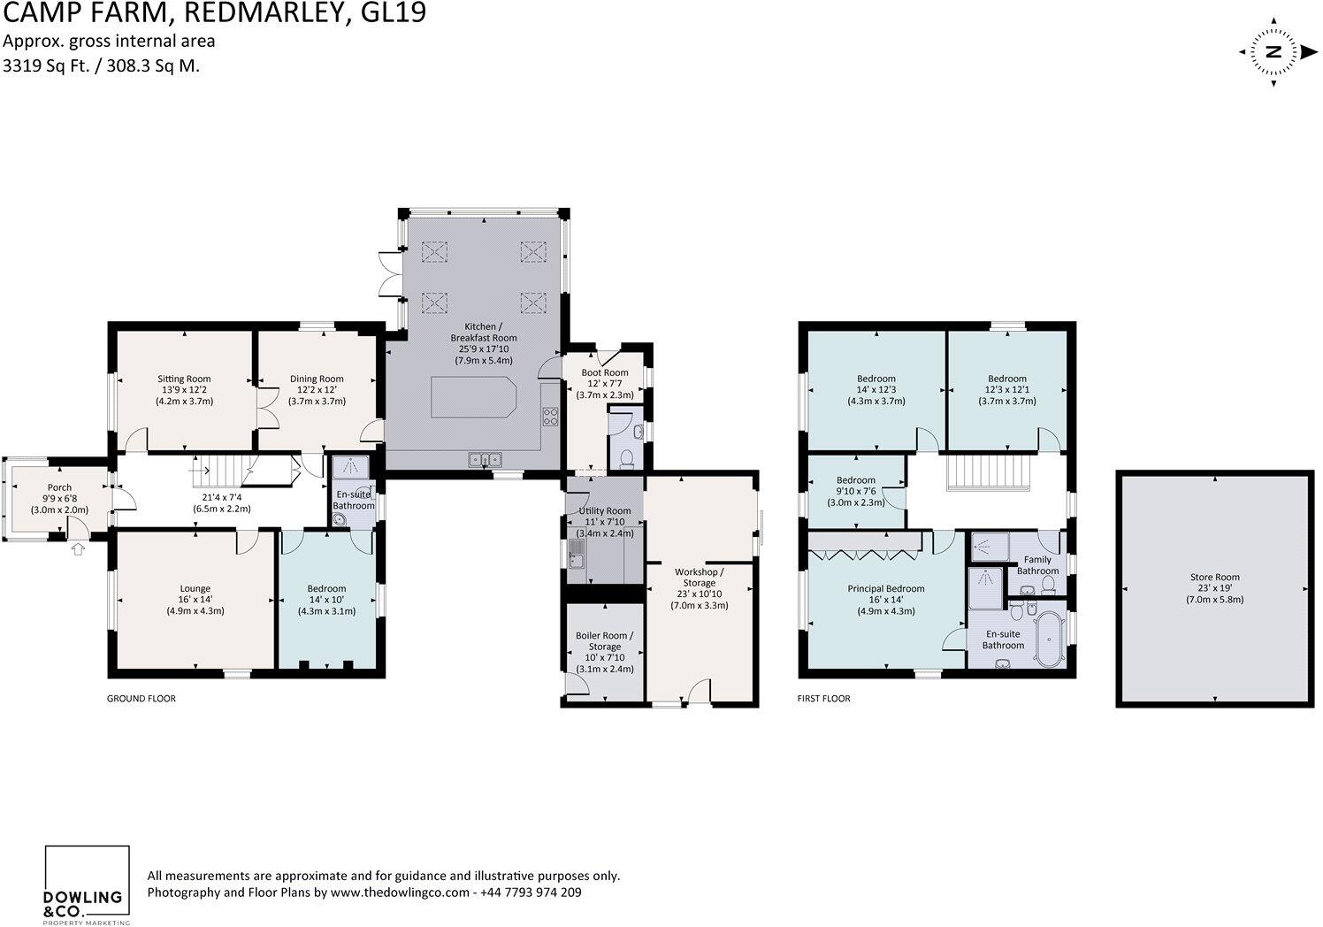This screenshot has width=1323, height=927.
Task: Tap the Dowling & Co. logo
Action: (x=88, y=885)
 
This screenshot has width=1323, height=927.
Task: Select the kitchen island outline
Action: (x=474, y=397)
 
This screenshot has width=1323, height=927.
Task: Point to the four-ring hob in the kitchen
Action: (x=550, y=417)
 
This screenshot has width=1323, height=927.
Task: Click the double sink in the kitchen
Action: (x=485, y=459)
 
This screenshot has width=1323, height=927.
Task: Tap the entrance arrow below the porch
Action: (x=77, y=549)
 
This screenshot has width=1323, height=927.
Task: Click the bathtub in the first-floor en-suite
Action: (x=1049, y=638)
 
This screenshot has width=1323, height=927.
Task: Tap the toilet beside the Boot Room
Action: (x=627, y=459)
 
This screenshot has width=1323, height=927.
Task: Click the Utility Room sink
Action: (x=576, y=555)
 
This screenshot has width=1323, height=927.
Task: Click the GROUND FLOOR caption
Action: (x=141, y=699)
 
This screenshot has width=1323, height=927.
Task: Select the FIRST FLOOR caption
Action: (x=824, y=699)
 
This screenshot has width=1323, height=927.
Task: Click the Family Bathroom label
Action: (x=1037, y=565)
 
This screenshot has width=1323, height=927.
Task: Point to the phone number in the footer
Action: (x=531, y=893)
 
